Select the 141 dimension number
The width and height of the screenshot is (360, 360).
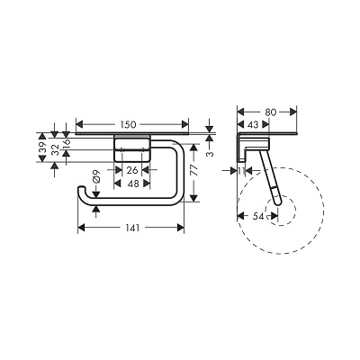[132, 229]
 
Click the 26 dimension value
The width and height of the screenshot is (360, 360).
[132, 169]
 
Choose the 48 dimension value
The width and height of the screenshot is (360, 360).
[132, 184]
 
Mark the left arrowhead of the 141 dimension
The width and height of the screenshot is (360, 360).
[83, 229]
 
